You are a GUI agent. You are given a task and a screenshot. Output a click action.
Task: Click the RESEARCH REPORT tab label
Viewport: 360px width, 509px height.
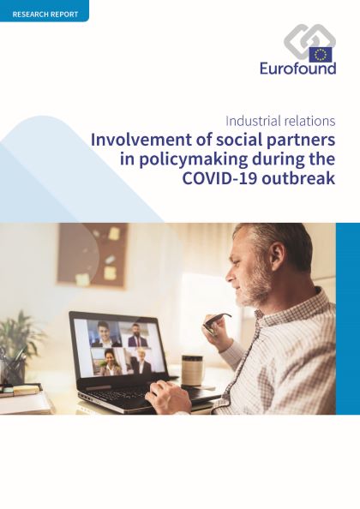coord(45,15)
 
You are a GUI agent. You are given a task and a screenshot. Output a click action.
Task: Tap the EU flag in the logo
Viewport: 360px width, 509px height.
coord(321,55)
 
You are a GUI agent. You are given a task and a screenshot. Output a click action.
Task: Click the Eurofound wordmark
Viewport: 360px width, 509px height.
coord(297,69)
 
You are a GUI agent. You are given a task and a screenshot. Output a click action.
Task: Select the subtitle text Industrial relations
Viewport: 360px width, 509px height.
coord(280,121)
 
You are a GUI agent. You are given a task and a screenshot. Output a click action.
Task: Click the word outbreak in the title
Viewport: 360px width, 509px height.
coord(298,178)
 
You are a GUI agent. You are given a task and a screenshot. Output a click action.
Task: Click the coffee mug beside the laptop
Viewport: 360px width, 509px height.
coord(192,370)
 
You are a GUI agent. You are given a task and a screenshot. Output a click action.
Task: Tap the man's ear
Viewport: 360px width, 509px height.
coord(274,255)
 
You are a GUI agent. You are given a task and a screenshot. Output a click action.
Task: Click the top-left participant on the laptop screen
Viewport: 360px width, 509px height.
coord(105,333)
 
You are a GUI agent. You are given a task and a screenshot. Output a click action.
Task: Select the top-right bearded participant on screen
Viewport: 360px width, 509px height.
coord(136,335)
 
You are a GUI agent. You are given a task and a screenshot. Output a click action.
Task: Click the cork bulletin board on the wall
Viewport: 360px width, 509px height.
coord(93,255)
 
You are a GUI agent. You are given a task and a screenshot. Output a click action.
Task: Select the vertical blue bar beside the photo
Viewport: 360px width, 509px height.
coord(348,319)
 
